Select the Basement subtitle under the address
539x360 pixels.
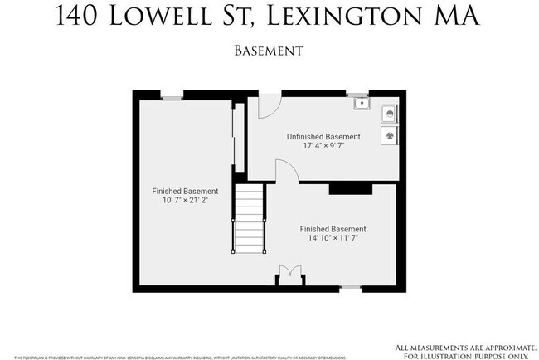(x=269, y=51)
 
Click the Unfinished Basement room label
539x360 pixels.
(x=323, y=137)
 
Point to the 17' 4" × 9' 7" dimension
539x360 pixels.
(x=323, y=147)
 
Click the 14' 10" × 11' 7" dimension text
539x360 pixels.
(x=333, y=238)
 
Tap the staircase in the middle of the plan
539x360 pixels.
(x=248, y=220)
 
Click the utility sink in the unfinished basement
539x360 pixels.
(x=361, y=104)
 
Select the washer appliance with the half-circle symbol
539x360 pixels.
(x=388, y=112)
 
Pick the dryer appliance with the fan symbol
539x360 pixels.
(x=388, y=134)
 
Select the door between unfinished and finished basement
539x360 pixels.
(x=286, y=171)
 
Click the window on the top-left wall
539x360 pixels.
(x=172, y=98)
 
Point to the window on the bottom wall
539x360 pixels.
(x=351, y=288)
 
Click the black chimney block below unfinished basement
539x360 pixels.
(x=350, y=189)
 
